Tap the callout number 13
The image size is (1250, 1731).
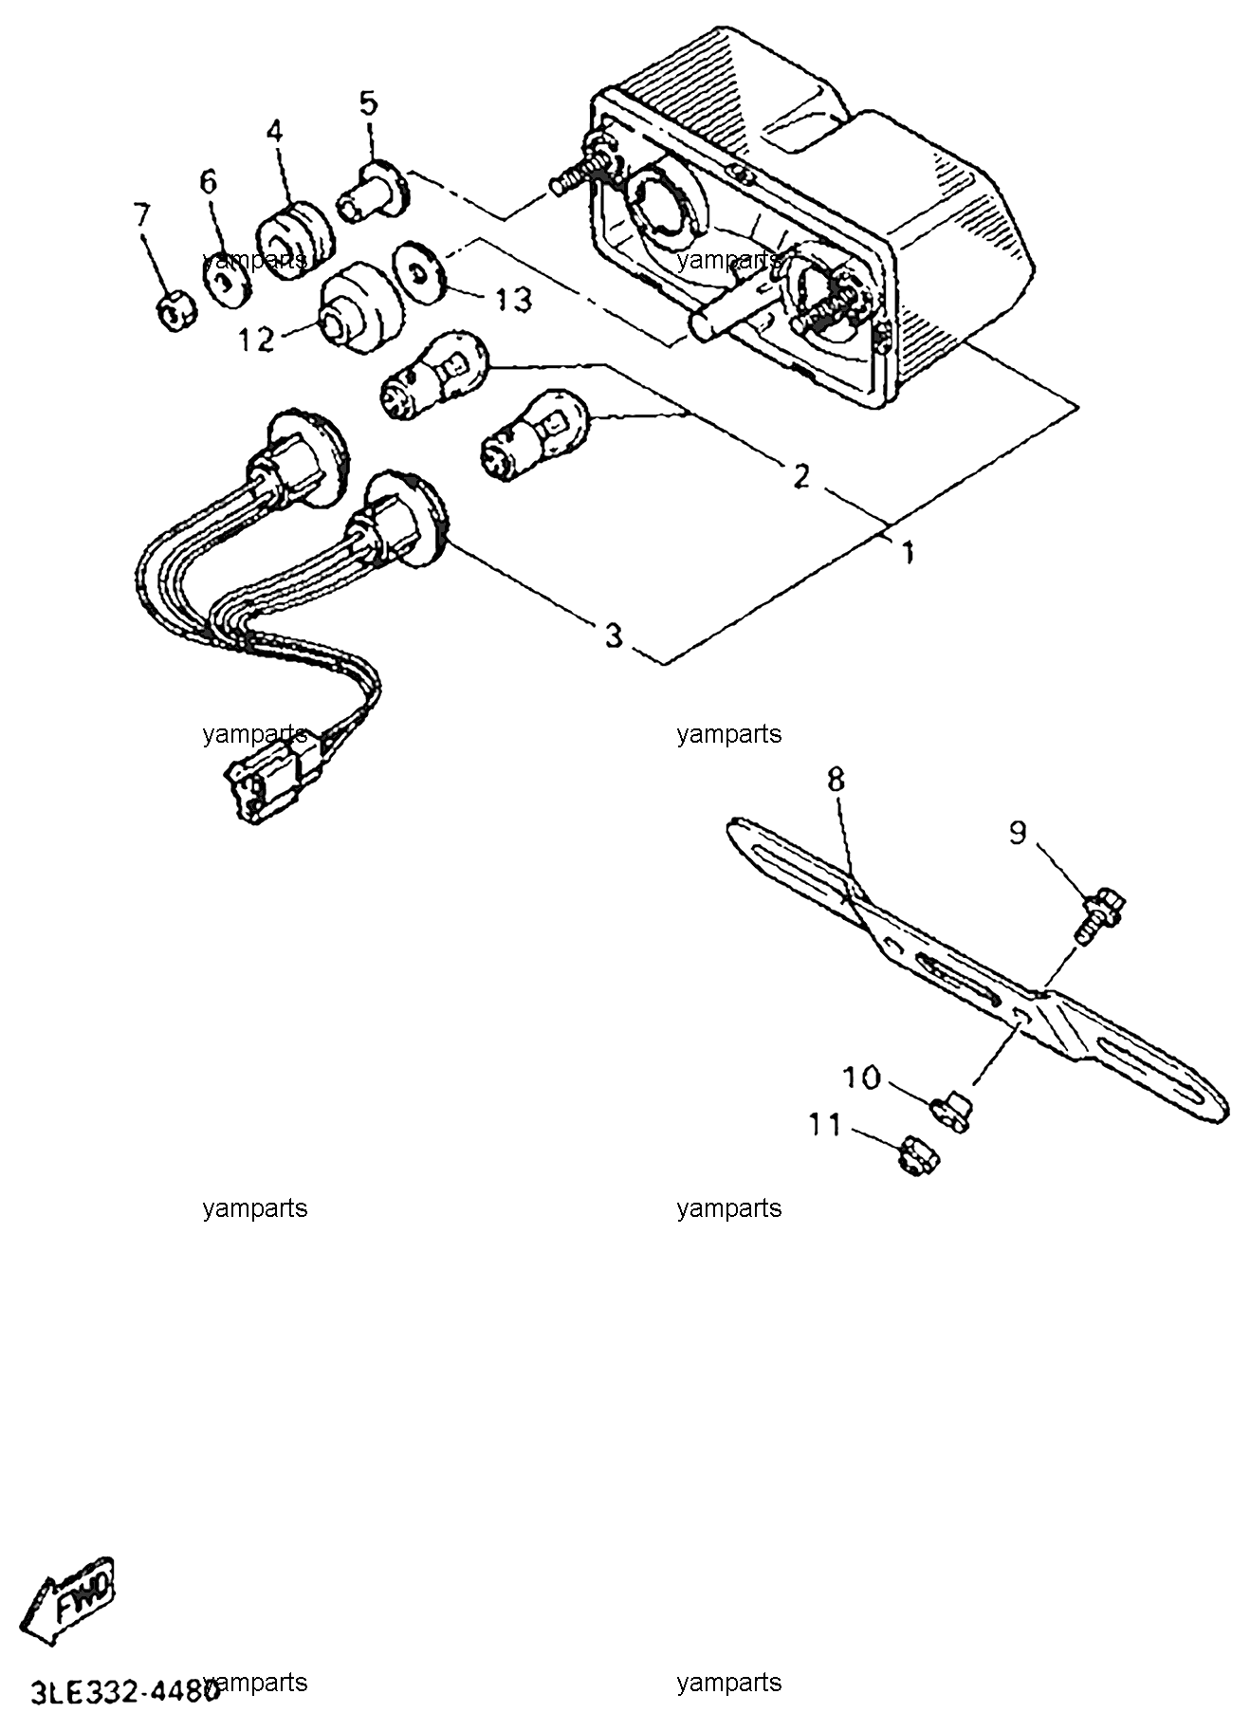pyautogui.click(x=509, y=301)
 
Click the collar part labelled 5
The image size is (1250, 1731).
pyautogui.click(x=373, y=193)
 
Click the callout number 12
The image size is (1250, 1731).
pyautogui.click(x=256, y=339)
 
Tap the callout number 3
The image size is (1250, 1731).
pyautogui.click(x=614, y=635)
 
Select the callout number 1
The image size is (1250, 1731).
pyautogui.click(x=908, y=552)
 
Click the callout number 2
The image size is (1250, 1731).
pyautogui.click(x=801, y=476)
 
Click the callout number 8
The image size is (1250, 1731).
pyautogui.click(x=836, y=781)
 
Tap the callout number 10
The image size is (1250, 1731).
pyautogui.click(x=862, y=1077)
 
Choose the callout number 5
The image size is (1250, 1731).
pyautogui.click(x=368, y=101)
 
